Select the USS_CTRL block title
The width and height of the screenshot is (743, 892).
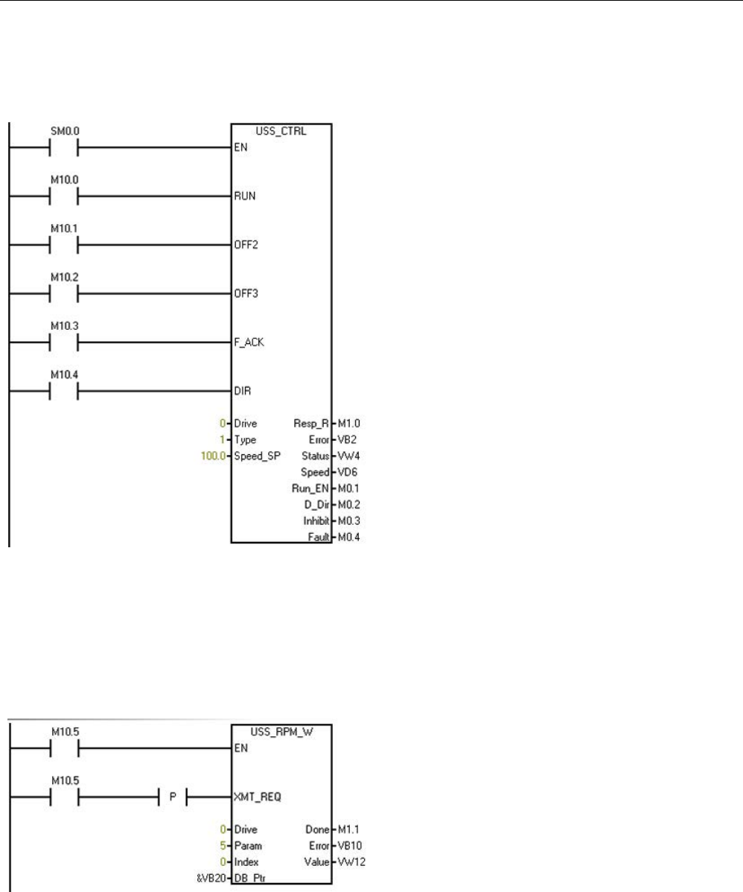[x=281, y=131]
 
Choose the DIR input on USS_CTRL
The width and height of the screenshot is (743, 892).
[x=241, y=390]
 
